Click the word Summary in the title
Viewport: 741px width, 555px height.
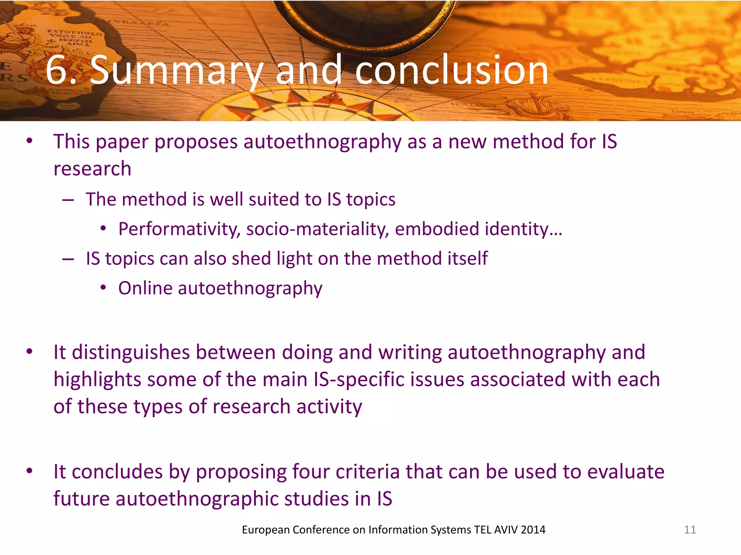(177, 70)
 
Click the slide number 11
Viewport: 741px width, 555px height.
(690, 530)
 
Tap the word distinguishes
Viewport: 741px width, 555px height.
(131, 352)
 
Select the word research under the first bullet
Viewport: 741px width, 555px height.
(92, 169)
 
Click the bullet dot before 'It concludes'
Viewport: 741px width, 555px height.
(30, 471)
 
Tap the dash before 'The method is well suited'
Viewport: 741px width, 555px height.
(68, 199)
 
